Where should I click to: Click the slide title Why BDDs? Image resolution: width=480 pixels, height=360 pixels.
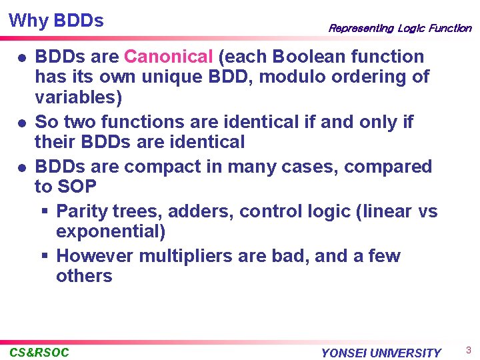(57, 21)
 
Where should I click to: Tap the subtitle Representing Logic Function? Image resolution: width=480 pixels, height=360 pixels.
(399, 28)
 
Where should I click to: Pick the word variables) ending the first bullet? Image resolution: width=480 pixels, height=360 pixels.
(79, 98)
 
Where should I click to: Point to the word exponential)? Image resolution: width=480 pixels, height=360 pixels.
(111, 232)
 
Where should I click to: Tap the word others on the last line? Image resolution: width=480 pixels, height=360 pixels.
(84, 276)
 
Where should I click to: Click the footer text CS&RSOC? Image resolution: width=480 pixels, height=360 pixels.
(39, 352)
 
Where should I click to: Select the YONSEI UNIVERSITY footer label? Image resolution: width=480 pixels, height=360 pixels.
(381, 353)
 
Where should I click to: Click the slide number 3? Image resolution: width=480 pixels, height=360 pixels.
(468, 350)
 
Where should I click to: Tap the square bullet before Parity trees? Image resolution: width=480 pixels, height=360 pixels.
(44, 212)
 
